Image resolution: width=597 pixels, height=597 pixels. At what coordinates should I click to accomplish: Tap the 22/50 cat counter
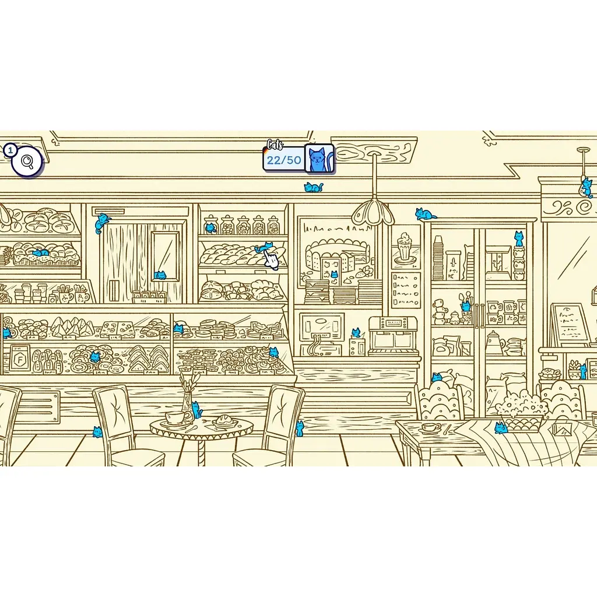(x=284, y=160)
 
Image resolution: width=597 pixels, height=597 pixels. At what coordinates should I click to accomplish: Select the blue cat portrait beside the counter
(x=319, y=159)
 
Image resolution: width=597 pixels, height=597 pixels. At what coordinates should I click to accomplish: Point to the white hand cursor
(x=271, y=259)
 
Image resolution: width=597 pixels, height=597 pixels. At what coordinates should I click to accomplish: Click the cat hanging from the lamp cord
(x=585, y=187)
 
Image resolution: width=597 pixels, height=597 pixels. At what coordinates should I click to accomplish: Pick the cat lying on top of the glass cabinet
(x=425, y=214)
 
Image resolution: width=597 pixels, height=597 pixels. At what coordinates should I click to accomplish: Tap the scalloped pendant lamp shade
(x=373, y=213)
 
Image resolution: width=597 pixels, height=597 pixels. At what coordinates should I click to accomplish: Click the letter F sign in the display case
(x=20, y=358)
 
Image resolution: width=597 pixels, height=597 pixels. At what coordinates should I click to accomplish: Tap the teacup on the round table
(x=175, y=417)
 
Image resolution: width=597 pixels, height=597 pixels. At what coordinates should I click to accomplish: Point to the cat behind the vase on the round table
(x=196, y=410)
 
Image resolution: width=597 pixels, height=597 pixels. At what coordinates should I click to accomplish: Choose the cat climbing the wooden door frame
(x=101, y=222)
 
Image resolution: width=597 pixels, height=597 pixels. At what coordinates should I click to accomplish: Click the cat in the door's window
(x=160, y=275)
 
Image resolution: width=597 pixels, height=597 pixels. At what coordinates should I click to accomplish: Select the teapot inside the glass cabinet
(x=495, y=342)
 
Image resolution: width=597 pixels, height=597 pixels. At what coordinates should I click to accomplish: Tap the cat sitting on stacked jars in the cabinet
(x=518, y=238)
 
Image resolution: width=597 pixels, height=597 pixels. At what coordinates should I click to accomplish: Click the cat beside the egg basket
(x=501, y=429)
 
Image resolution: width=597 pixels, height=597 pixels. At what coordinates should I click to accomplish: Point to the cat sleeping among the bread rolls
(x=40, y=252)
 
